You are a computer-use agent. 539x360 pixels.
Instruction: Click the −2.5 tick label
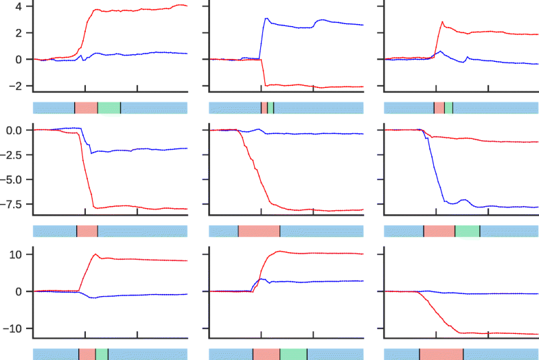point(14,155)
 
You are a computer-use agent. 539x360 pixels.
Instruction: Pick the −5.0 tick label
point(14,179)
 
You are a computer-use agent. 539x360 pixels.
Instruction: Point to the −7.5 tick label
point(14,204)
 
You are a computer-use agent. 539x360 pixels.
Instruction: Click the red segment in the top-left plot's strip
point(86,108)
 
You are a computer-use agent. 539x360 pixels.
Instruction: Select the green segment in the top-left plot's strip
point(108,108)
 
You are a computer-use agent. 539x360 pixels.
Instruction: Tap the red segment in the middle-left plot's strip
point(87,231)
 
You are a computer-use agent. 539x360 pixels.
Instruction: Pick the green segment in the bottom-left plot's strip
point(102,354)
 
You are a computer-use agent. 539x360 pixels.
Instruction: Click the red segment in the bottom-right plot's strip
point(441,354)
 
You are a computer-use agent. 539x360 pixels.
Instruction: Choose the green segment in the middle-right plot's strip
point(467,231)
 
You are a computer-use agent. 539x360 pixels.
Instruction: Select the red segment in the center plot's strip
point(259,231)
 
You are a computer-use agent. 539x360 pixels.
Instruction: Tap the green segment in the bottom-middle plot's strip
point(293,354)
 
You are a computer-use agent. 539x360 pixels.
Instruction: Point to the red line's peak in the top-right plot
point(442,22)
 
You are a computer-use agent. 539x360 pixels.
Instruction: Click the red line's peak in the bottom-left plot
point(96,254)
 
